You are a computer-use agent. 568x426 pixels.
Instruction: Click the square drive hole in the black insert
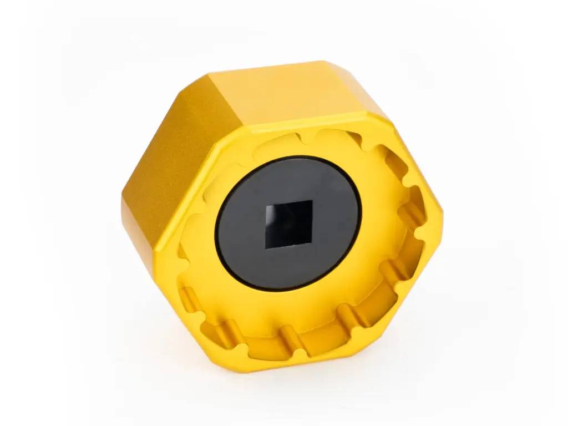(x=288, y=225)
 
